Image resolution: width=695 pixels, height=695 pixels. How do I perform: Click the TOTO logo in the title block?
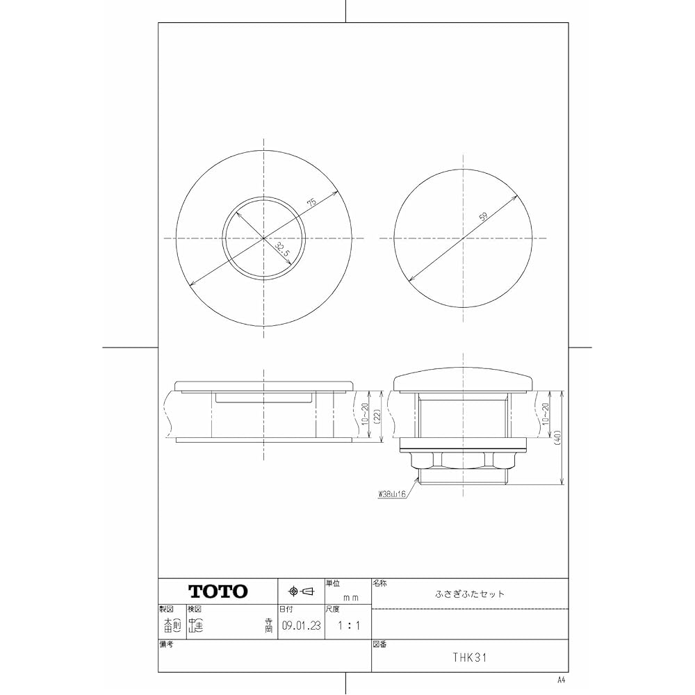tap(218, 591)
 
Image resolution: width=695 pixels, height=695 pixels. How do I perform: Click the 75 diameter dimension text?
tap(311, 202)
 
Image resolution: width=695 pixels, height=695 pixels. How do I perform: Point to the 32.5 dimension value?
tap(281, 250)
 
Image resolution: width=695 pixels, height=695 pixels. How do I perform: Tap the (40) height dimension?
tap(558, 438)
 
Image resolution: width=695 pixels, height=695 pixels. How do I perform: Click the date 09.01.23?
tap(302, 625)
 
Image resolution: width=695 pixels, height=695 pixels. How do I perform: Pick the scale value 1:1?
tap(348, 625)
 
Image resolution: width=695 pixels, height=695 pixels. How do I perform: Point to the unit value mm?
tap(351, 596)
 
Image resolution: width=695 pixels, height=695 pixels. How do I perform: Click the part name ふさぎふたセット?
tap(470, 594)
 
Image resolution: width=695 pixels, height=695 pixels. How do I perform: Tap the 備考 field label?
tap(166, 644)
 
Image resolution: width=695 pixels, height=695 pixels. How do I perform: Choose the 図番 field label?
tap(379, 644)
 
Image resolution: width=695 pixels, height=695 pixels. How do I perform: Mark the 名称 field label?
tap(380, 583)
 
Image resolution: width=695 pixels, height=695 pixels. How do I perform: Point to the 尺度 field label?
tap(332, 608)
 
